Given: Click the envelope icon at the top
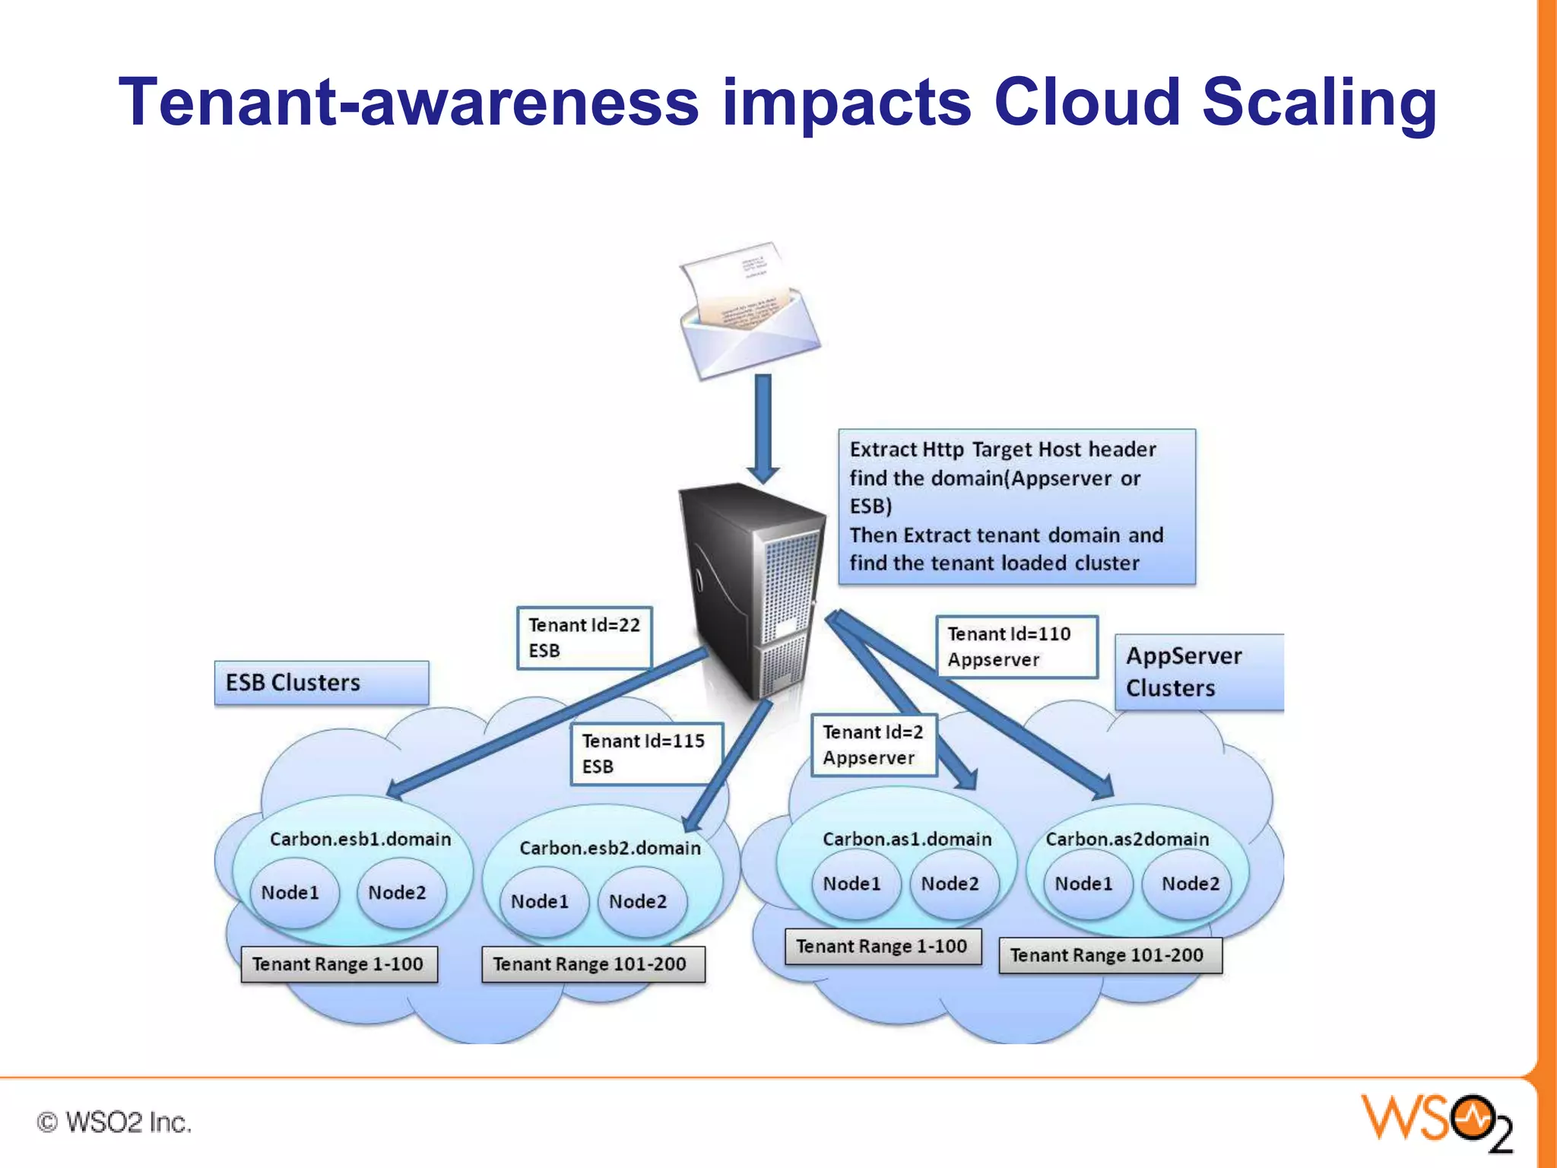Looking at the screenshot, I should pos(750,312).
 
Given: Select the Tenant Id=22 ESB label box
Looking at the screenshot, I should pos(584,637).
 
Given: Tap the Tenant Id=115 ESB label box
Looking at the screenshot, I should pos(646,753).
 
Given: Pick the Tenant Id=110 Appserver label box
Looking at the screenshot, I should pos(1016,646).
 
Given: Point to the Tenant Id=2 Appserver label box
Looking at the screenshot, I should pos(873,744).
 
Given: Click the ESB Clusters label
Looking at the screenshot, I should pos(321,683).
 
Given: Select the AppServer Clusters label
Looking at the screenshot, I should pos(1198,672).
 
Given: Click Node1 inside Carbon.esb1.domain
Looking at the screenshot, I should pos(290,893).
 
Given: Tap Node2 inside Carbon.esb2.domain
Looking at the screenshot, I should pos(638,902).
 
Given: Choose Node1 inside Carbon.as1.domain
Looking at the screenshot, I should pos(852,884).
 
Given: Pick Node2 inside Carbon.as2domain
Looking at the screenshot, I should pos(1191,884).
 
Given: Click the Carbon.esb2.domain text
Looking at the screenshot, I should pos(610,848).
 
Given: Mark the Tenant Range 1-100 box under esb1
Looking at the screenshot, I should pos(338,964).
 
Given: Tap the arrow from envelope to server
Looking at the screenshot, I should pos(763,426).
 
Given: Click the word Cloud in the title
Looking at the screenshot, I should pos(1087,103).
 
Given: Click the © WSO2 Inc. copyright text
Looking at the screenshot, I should pos(114,1122).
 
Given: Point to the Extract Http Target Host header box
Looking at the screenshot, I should pos(1016,506).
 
